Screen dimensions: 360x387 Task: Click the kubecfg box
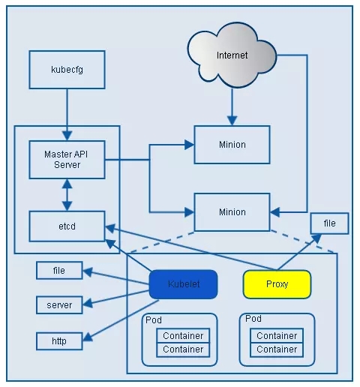67,70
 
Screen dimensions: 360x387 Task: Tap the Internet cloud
232,55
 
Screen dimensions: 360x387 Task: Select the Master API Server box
67,160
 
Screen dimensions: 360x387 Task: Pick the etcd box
67,226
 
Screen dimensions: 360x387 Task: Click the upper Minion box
232,145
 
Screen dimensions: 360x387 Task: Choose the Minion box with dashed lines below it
232,212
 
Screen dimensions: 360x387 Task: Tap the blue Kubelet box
183,284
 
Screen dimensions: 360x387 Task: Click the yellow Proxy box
277,284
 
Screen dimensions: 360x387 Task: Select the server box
59,305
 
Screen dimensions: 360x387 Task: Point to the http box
59,341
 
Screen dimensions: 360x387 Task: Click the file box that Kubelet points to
59,270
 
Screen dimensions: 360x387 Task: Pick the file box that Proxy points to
329,223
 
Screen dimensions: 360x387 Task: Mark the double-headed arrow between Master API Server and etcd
67,195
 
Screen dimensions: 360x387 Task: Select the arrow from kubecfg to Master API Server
67,115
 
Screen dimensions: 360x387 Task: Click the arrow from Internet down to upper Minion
232,106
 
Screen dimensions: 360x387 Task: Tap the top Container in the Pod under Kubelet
183,335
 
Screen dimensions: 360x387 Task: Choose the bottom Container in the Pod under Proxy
277,349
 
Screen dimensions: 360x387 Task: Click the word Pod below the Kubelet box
154,320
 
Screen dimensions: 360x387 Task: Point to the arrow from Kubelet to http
121,320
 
